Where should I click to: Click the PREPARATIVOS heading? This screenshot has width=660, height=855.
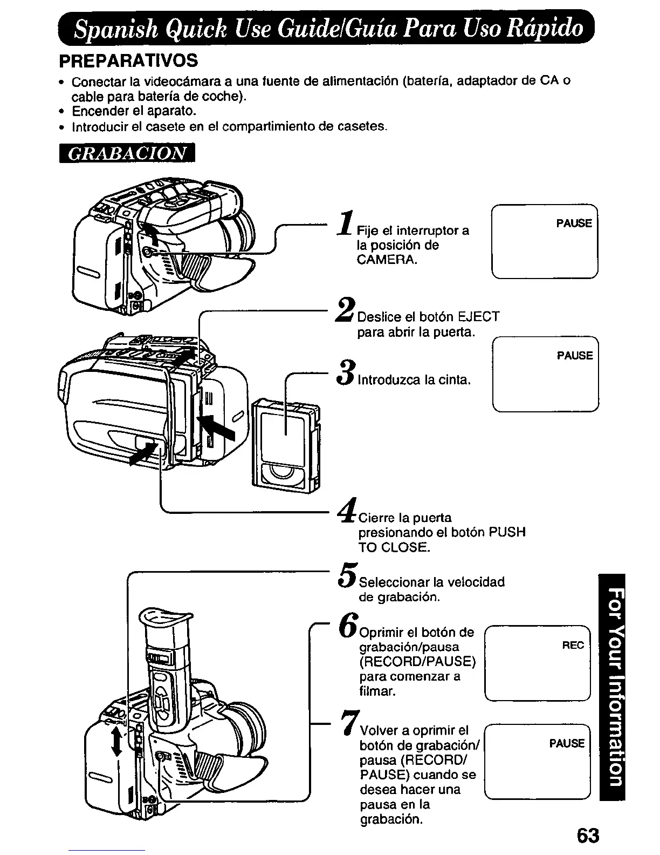128,59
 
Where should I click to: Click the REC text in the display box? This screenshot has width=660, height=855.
573,645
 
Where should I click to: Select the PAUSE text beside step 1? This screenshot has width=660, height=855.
574,223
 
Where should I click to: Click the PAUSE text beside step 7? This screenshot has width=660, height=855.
567,743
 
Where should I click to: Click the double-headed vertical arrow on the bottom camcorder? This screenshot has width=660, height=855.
116,739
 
